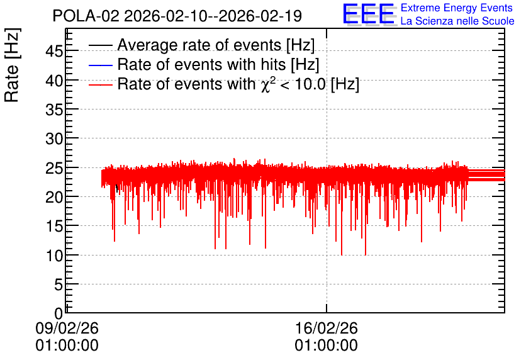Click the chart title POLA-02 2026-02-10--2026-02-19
(x=177, y=16)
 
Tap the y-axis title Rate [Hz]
(x=12, y=65)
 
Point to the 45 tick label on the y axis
(x=54, y=52)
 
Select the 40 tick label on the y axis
(x=54, y=81)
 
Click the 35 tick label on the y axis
(x=54, y=110)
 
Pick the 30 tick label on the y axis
(x=54, y=138)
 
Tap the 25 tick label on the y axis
(x=54, y=168)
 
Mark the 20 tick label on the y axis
(x=54, y=197)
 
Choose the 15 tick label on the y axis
(x=54, y=226)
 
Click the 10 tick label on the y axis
(x=54, y=256)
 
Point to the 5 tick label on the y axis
(x=59, y=285)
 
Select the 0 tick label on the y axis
(x=59, y=313)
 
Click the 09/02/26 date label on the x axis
(x=67, y=328)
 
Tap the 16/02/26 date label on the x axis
(x=327, y=328)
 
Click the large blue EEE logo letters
(x=369, y=14)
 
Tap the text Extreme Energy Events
(x=457, y=8)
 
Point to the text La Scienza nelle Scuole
(x=457, y=21)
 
